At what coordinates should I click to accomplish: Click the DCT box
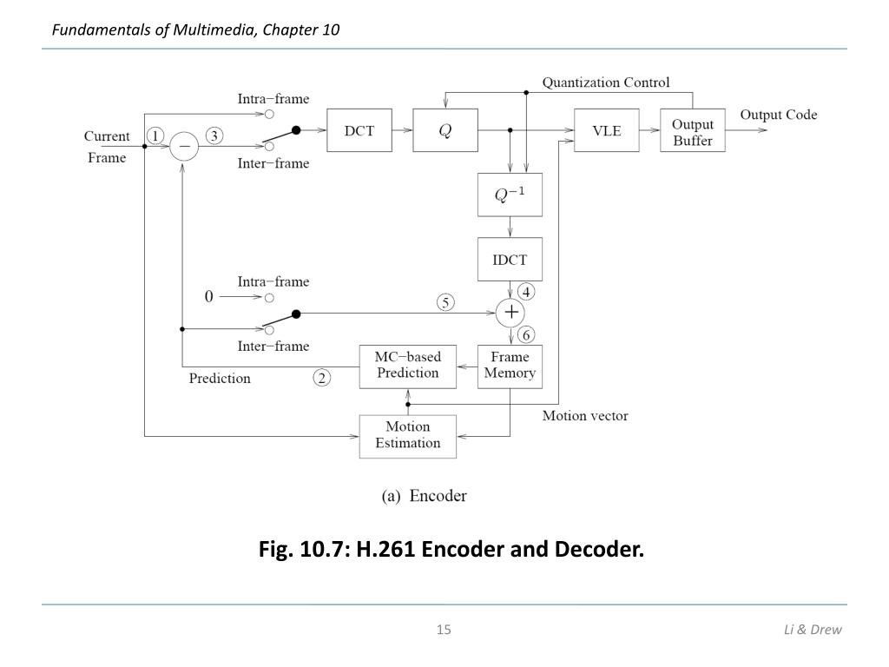359,130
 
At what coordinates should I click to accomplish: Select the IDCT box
510,259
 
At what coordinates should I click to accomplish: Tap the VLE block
607,130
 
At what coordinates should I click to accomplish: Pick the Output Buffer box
692,130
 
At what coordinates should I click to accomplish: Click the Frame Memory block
510,367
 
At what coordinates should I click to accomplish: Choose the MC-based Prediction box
408,367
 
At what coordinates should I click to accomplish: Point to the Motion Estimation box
408,436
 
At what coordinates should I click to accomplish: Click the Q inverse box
510,195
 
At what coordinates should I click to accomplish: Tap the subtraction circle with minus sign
184,146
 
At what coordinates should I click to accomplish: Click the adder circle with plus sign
510,313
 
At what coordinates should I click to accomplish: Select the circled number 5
445,302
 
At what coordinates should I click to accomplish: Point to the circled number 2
321,378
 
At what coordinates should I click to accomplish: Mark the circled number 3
214,136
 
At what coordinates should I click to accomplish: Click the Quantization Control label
605,83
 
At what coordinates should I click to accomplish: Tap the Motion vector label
585,416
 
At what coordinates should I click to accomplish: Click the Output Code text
779,115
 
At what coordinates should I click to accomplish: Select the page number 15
444,629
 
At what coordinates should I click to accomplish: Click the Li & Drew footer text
813,629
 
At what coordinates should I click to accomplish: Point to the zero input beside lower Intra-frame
208,296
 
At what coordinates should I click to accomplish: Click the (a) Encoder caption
424,496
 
